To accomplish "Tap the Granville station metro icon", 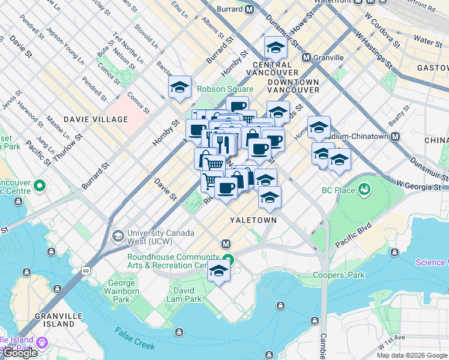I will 306,58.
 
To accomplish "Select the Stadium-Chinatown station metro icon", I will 395,136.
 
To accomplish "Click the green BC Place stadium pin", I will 364,191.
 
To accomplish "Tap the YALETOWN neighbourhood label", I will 253,220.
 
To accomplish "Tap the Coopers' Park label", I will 339,275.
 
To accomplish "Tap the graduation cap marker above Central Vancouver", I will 275,46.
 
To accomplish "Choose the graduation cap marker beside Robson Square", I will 179,86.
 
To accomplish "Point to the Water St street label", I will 428,41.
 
